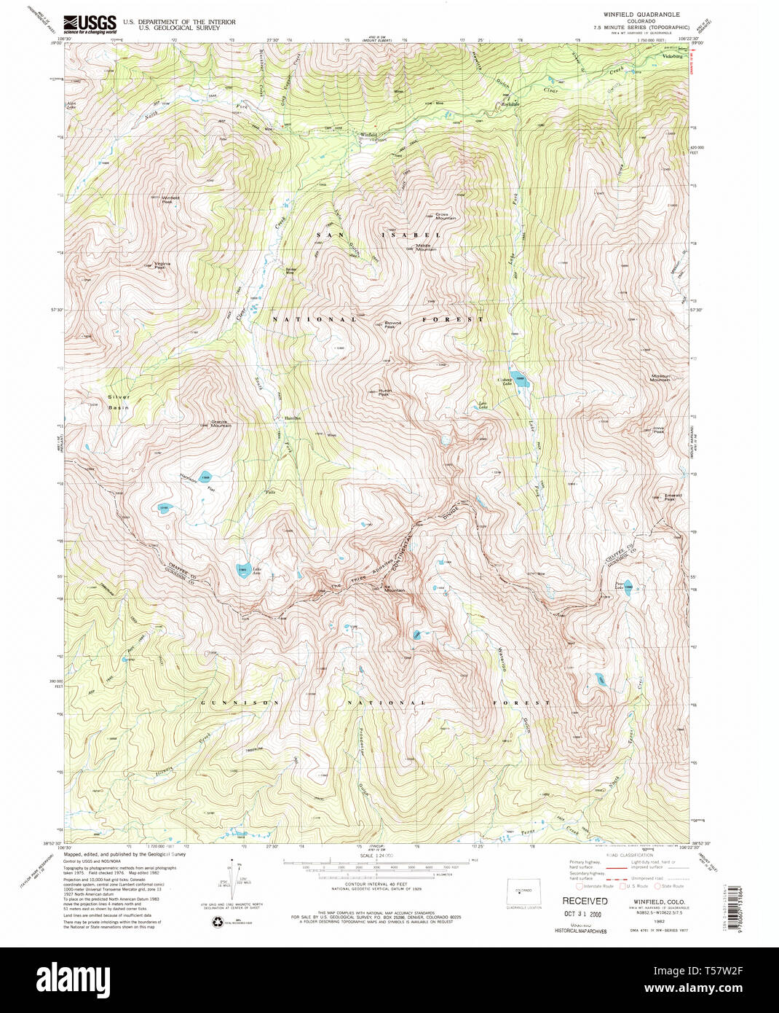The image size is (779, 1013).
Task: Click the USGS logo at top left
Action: [x=90, y=24]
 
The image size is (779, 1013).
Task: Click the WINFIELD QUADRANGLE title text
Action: [x=630, y=15]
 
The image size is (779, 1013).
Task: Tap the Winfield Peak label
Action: [x=170, y=198]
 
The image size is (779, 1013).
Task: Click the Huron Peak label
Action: [x=385, y=391]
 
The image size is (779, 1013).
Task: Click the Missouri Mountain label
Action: [x=660, y=378]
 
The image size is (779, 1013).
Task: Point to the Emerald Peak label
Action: [x=671, y=497]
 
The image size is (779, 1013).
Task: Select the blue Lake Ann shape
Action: [x=242, y=571]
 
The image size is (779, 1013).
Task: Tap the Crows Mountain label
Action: [x=445, y=216]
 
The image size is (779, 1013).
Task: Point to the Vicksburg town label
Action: [x=671, y=55]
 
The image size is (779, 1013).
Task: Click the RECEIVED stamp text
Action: [x=584, y=901]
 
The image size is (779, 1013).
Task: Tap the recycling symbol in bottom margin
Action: [x=218, y=923]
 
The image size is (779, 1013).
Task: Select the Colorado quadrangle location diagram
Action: [x=523, y=893]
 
